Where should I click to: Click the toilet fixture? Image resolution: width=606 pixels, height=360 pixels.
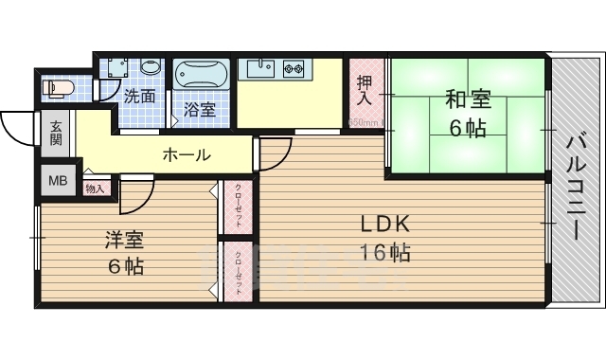[58, 88]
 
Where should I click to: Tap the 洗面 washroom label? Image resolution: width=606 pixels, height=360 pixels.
[140, 96]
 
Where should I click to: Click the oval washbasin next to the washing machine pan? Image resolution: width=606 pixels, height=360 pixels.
[150, 68]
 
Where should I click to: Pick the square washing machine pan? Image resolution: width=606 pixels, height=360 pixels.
[116, 69]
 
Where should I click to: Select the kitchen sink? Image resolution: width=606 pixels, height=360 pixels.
[258, 68]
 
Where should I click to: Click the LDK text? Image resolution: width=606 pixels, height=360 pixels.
[383, 225]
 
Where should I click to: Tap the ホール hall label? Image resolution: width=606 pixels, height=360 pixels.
[187, 154]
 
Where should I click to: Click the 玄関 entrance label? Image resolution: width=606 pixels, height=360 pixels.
[56, 133]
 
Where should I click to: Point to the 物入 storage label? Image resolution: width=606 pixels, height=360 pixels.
[96, 189]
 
